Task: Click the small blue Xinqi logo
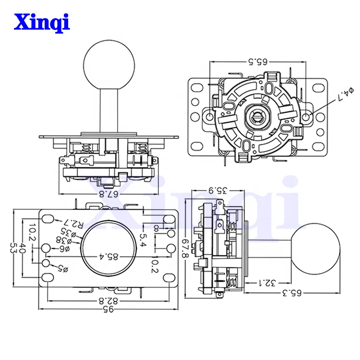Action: pos(42,21)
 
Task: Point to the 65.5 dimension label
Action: pos(258,61)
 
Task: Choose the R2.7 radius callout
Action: pos(74,224)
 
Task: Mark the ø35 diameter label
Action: pos(70,233)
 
